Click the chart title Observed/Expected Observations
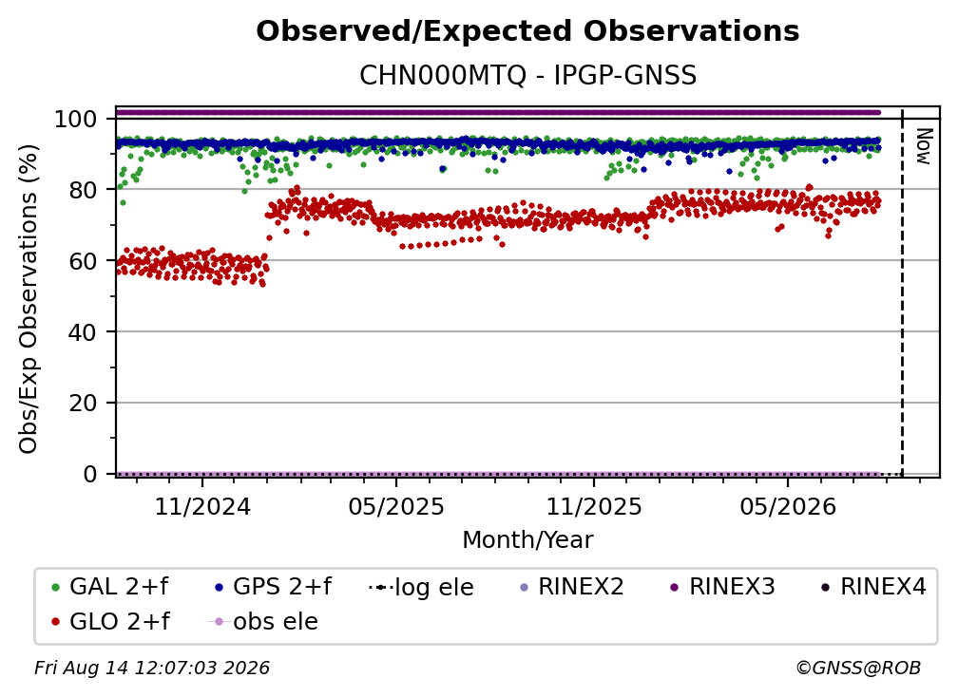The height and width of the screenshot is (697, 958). pos(527,31)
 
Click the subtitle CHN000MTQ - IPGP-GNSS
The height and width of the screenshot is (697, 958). pos(527,76)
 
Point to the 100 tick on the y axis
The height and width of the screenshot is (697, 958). pos(76,119)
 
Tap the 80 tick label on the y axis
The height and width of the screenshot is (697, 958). pos(83,190)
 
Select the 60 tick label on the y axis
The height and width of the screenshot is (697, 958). pos(83,260)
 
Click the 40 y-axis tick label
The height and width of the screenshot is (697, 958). pos(83,332)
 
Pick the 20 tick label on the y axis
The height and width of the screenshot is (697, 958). pos(83,403)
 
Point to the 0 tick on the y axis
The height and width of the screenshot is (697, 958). pos(90,474)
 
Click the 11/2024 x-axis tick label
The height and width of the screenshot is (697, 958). pos(202,506)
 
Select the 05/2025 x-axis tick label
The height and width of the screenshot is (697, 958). pos(396,506)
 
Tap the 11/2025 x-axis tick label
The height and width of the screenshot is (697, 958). pos(594,506)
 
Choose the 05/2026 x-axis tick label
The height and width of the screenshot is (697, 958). pos(788,506)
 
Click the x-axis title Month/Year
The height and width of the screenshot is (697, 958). pos(527,540)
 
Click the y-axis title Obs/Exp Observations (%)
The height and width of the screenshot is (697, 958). pos(29,299)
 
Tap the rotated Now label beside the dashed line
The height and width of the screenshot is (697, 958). pos(923,146)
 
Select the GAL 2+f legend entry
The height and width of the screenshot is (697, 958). pos(110,587)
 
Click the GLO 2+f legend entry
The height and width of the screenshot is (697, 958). pos(110,621)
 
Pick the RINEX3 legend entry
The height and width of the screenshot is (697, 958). pos(722,587)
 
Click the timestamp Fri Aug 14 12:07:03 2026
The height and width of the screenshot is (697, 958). pos(152,668)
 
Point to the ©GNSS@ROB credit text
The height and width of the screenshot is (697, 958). pos(858,668)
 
